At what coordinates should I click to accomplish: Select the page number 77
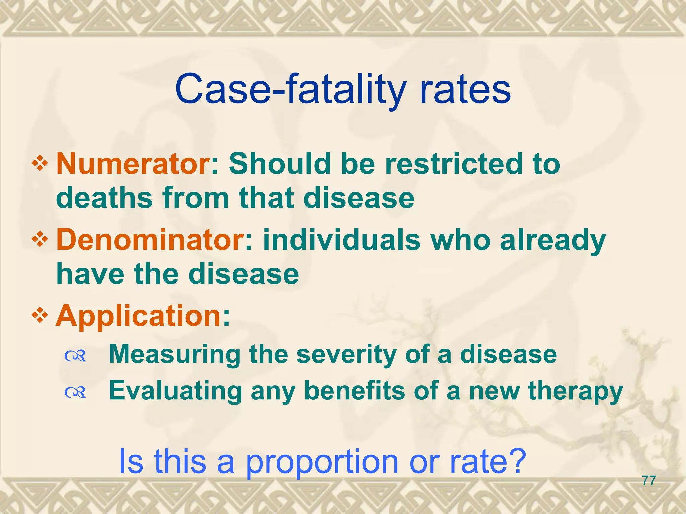click(x=649, y=481)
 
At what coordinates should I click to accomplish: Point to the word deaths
click(x=104, y=198)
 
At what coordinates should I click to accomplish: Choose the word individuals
click(x=342, y=240)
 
